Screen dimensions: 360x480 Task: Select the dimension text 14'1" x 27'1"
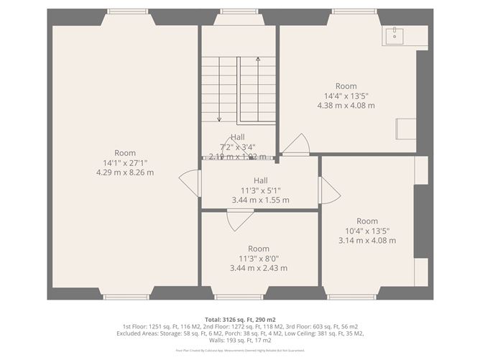[125, 162]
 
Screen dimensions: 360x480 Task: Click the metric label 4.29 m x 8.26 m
[125, 172]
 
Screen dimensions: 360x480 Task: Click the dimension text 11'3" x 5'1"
[260, 190]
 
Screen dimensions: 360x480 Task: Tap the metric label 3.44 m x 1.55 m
[260, 200]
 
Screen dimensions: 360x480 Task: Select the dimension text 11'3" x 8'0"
[259, 258]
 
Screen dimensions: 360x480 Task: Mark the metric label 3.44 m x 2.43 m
[259, 268]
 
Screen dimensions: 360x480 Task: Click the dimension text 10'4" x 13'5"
[367, 231]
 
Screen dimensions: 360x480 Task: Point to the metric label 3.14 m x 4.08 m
[367, 241]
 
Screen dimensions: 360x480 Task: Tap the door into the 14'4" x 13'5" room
[295, 146]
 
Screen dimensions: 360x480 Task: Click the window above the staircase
[238, 11]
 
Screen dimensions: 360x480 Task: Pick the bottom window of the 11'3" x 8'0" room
[239, 296]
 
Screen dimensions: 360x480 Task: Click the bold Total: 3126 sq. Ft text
[239, 318]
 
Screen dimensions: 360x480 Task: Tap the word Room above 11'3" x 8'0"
[259, 249]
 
